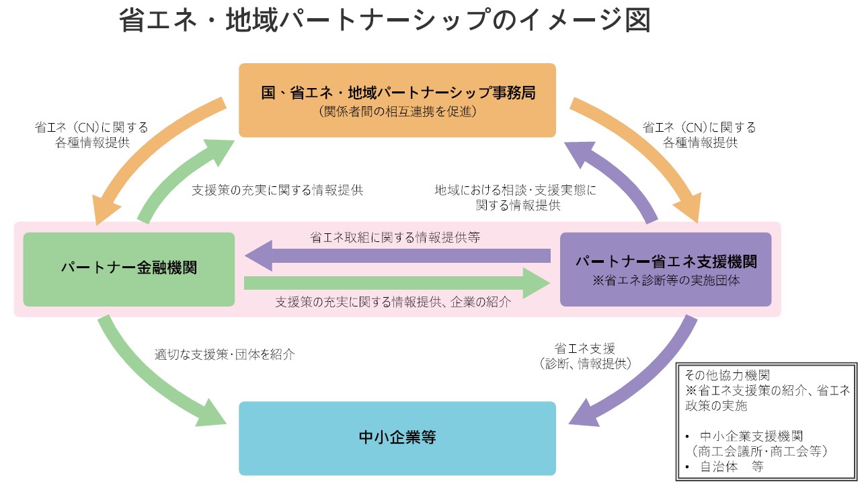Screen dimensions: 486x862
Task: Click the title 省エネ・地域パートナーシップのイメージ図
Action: tap(385, 20)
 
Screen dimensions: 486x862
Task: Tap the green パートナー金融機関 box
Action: tap(128, 268)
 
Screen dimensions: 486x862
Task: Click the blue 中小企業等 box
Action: tap(397, 438)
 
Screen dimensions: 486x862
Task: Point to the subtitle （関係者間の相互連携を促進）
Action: tap(397, 112)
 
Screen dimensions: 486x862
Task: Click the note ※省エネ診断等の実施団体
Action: tap(665, 281)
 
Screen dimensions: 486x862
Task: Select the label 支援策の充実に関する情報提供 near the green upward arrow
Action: tap(277, 190)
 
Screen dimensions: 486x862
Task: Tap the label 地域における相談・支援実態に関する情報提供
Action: tap(515, 198)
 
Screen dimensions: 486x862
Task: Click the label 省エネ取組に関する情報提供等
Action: tap(395, 237)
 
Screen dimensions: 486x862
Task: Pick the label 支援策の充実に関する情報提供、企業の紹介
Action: tap(393, 302)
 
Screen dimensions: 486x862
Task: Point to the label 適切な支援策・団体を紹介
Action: tap(225, 354)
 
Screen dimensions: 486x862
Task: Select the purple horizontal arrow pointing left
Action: tap(397, 255)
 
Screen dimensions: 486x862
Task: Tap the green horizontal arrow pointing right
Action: tap(397, 283)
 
